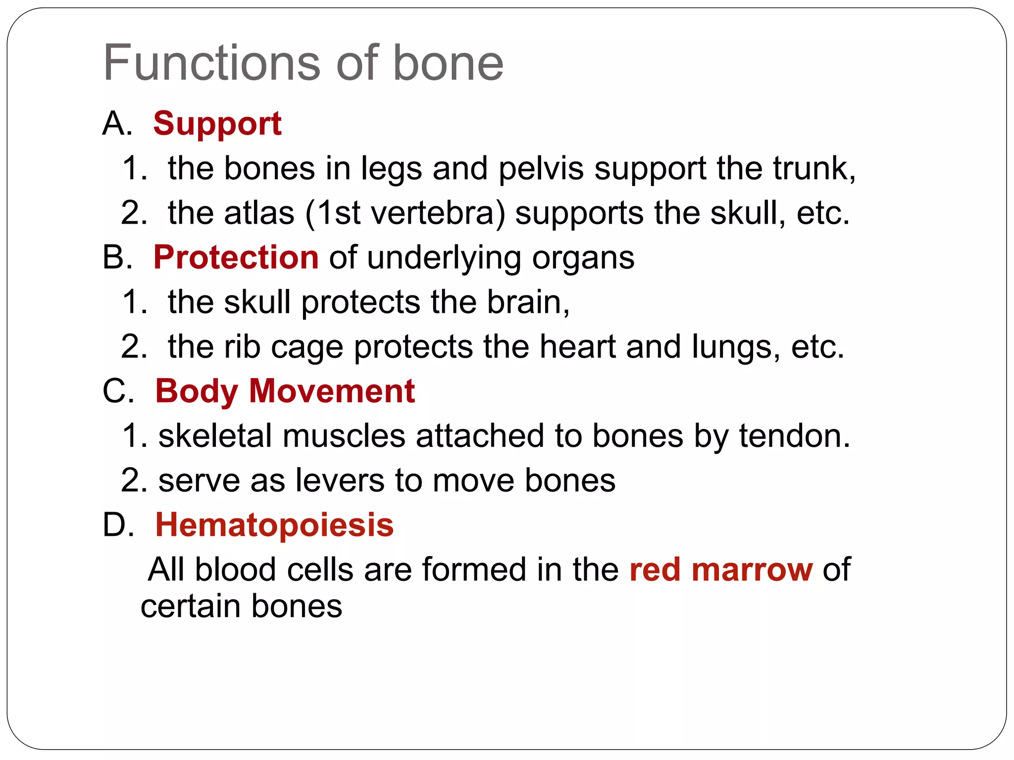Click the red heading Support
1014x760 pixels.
[x=217, y=123]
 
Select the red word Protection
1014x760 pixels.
[x=236, y=257]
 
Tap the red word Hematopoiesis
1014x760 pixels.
[x=274, y=525]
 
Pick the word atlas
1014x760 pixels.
[x=259, y=213]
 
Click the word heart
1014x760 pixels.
[x=577, y=346]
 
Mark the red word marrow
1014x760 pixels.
[x=752, y=570]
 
